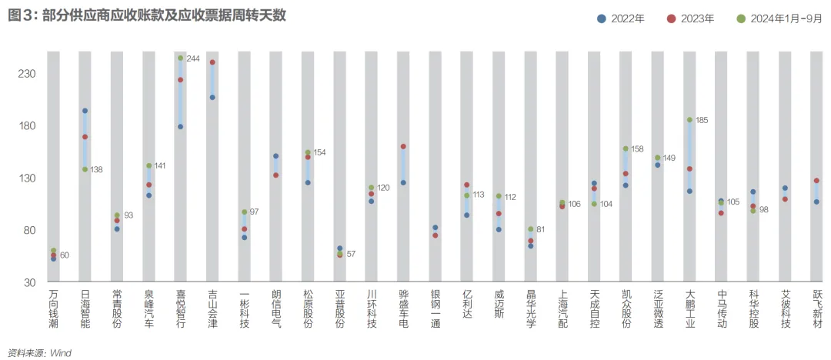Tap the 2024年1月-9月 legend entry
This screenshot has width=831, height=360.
coord(778,18)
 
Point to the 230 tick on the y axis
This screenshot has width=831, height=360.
coord(28,74)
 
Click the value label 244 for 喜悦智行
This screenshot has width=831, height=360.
coord(192,58)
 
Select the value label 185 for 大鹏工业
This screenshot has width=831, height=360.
coord(701,120)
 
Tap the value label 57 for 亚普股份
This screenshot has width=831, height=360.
coord(351,254)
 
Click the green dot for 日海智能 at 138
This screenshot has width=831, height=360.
coord(85,169)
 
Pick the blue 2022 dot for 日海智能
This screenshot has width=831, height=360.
coord(85,111)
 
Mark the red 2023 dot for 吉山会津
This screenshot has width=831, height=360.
coord(212,62)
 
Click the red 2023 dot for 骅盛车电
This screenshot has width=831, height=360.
coord(403,146)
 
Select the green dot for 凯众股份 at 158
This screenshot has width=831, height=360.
coord(626,148)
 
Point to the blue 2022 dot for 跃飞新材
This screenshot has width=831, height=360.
coord(816,202)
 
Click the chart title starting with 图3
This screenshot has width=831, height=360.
coord(147,15)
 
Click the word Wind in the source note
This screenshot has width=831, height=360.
coord(61,352)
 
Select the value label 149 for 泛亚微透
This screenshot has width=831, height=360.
coord(669,158)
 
